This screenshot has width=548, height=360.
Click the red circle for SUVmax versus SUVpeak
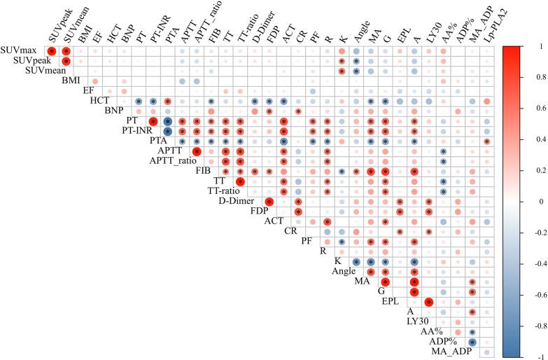pyautogui.click(x=51, y=51)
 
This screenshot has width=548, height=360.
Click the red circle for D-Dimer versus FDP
pyautogui.click(x=269, y=202)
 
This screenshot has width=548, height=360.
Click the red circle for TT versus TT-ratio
pyautogui.click(x=240, y=181)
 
